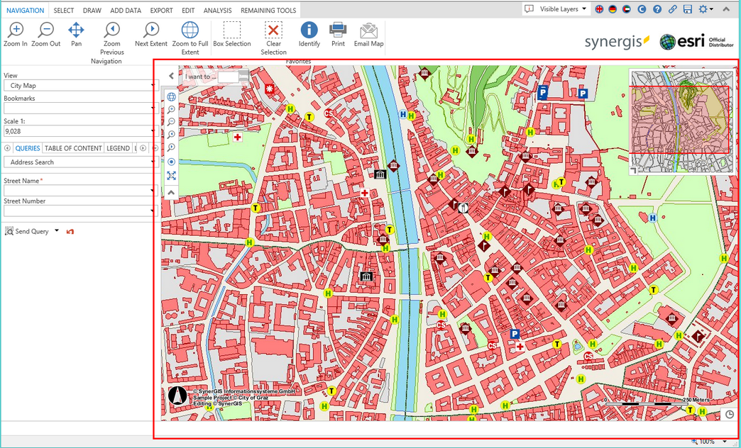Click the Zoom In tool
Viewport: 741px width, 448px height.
tap(15, 30)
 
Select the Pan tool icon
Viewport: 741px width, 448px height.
tap(76, 30)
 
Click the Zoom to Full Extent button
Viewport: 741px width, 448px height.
tap(190, 30)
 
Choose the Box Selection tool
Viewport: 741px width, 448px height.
tap(232, 30)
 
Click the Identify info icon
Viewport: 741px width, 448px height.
tap(309, 30)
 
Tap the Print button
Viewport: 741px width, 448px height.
tap(338, 30)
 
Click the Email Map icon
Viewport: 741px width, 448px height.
tap(368, 30)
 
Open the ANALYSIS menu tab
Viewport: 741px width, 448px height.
tap(217, 11)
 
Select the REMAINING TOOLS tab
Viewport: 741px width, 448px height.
tap(268, 11)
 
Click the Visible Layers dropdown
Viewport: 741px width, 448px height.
tap(557, 9)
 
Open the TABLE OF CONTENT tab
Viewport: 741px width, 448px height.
tap(73, 148)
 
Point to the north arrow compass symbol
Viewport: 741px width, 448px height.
tap(177, 396)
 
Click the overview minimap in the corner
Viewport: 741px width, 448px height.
tap(681, 121)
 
